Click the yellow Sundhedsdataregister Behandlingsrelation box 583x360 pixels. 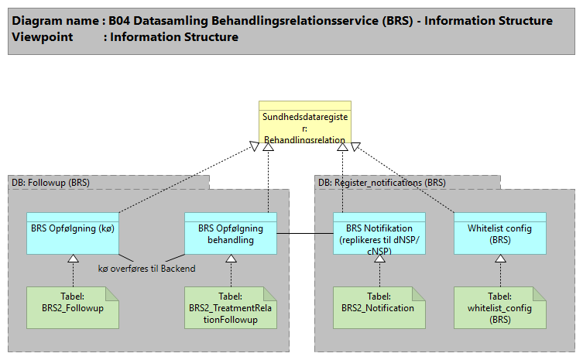pos(304,124)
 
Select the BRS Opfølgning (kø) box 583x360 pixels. pos(73,233)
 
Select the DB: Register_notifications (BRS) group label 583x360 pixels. pos(382,183)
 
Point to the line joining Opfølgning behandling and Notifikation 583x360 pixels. pos(305,233)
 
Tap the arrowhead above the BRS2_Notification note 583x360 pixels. pos(379,259)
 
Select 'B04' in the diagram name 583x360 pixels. pos(120,21)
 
